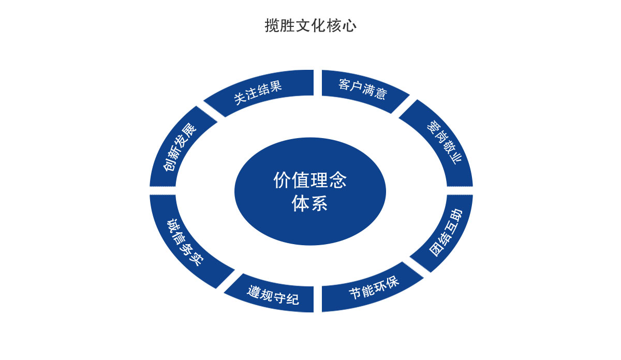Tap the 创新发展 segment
[179, 147]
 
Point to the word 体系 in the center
[310, 203]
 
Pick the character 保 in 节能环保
[395, 283]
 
